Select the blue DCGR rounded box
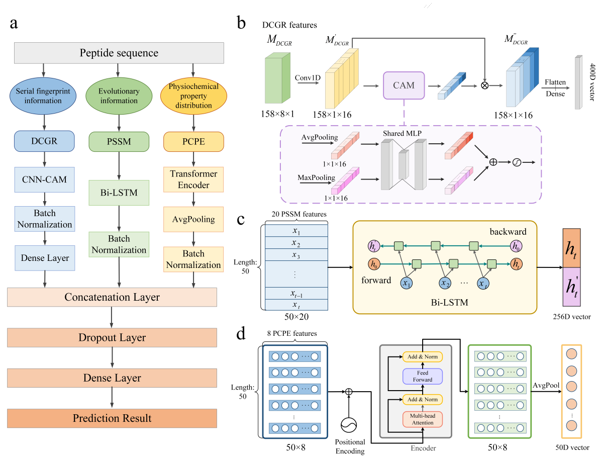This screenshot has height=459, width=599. pos(45,141)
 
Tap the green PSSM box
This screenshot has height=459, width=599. pos(119,141)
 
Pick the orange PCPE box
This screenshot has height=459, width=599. pos(193,141)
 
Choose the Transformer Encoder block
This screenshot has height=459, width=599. pos(193,180)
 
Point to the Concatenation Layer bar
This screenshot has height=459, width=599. pos(112,297)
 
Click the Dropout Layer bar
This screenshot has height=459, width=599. pos(112,338)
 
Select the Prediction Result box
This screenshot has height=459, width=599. pos(112,418)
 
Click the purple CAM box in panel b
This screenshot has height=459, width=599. pos(404,85)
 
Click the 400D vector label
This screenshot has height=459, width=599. pos(591,82)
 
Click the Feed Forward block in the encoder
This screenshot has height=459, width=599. pos(422,376)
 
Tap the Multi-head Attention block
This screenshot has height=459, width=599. pos(422,419)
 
